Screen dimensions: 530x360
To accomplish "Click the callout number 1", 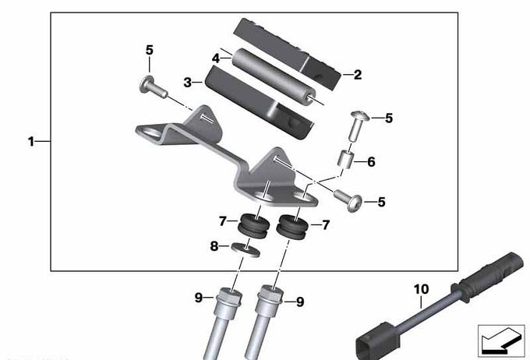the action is pos(31,141).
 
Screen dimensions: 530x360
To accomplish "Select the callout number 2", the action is pos(358,75).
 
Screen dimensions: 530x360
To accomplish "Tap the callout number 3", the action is pos(188,82).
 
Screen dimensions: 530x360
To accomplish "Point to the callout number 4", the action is pos(216,58).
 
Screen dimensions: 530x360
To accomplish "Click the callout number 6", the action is pos(371,162).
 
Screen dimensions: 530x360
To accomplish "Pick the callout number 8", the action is pos(214,246).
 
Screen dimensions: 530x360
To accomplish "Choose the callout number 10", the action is pos(422,289).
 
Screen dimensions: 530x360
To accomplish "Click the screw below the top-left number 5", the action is pos(153,86).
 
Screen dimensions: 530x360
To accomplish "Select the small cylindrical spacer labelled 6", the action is pos(345,158).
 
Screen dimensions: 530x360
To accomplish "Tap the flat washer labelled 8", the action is pos(246,249).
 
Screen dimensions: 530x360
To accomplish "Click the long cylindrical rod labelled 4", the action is pos(274,76).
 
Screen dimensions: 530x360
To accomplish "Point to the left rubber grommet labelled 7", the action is pos(254,225).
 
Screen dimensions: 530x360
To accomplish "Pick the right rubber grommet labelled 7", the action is pos(292,225).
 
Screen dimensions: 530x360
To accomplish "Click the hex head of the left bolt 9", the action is pos(230,296).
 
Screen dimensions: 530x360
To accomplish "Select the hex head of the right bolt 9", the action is pos(270,295).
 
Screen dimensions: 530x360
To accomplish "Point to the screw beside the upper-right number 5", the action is pos(359,126).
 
